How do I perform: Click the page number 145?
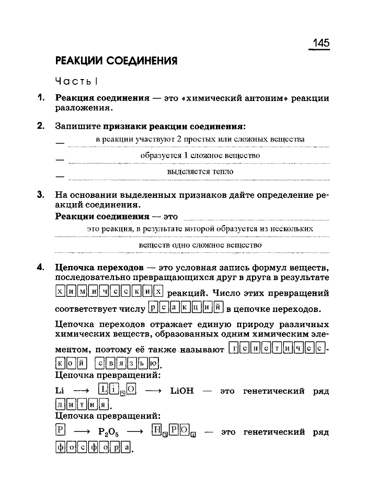319,42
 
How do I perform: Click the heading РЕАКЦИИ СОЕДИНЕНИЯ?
116,61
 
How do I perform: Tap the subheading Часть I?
77,81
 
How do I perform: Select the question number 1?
39,97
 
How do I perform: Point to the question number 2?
40,126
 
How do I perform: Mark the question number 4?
40,268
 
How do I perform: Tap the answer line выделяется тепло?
200,171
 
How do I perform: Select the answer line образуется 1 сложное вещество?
200,155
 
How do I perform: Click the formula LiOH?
182,391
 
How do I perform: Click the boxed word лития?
82,404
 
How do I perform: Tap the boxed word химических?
109,291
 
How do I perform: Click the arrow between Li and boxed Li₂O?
81,391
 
